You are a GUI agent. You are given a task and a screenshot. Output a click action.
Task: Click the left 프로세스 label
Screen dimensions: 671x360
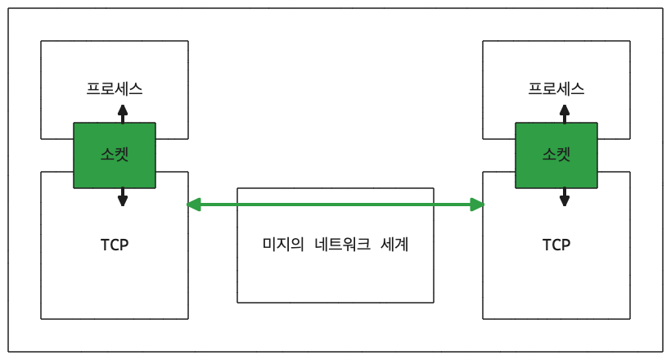[115, 88]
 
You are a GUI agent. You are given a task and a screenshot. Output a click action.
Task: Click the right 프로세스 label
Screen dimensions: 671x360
[556, 88]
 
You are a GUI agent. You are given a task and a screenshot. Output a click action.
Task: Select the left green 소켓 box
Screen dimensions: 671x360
[115, 155]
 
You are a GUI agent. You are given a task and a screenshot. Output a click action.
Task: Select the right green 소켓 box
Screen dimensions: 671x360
[556, 155]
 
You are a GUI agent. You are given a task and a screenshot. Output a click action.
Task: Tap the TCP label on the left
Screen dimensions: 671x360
[115, 245]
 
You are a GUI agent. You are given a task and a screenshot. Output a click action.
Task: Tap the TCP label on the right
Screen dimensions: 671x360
[556, 245]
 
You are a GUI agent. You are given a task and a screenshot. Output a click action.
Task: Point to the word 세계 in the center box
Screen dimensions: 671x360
[394, 245]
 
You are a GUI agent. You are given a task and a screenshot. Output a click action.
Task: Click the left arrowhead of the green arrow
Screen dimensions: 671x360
[193, 205]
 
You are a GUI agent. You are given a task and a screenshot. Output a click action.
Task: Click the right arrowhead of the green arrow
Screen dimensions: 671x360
[478, 205]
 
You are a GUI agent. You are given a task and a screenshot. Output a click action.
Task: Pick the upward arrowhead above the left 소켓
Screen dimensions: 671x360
[123, 109]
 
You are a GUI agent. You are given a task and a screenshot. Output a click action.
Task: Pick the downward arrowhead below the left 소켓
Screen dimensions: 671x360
[123, 200]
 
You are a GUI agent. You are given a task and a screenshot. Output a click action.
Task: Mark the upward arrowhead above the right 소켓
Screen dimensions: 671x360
[565, 109]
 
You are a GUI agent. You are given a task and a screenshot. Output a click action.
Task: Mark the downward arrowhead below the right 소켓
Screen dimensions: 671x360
[565, 200]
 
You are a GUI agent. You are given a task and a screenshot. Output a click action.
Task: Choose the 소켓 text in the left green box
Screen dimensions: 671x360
[115, 153]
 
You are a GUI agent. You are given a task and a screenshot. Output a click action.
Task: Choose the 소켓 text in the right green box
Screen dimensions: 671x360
[556, 153]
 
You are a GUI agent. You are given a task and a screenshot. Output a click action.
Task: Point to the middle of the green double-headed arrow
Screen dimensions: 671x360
[335, 205]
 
